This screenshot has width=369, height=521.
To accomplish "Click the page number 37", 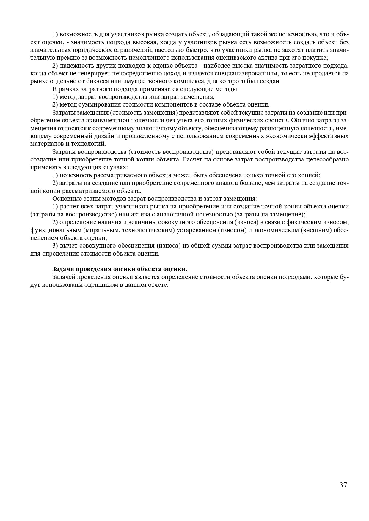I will click(x=343, y=485).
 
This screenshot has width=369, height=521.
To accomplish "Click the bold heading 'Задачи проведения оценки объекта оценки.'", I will click(x=120, y=269).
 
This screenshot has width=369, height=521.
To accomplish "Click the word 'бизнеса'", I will click(x=99, y=81).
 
